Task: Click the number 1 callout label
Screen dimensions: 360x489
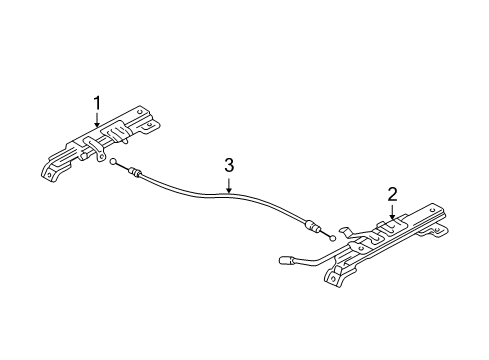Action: click(x=97, y=102)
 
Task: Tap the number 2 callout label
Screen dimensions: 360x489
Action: click(x=393, y=193)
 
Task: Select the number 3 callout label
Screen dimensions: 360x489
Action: click(x=228, y=165)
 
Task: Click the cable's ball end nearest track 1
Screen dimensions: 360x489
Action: click(x=115, y=161)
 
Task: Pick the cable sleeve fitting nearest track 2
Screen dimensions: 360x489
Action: click(x=314, y=228)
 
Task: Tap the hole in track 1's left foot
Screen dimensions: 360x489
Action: click(x=46, y=172)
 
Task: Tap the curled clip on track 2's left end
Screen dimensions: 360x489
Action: click(x=346, y=232)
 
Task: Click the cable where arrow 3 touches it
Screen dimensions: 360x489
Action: click(x=228, y=191)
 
